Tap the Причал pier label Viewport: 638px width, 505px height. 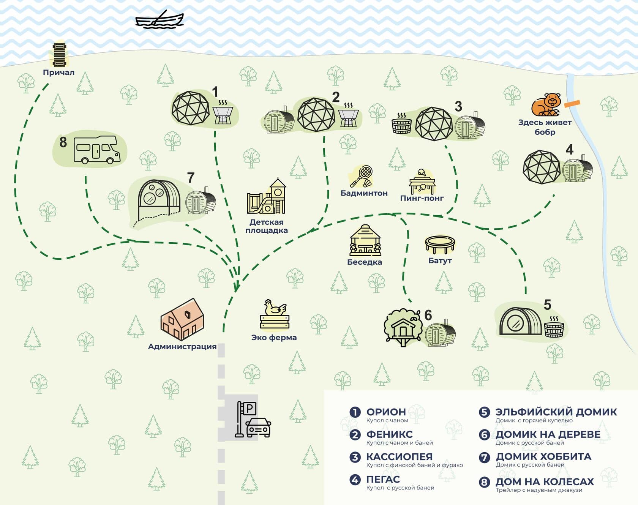tap(58, 73)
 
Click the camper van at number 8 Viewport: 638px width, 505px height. tap(97, 150)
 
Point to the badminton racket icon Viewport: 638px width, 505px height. tap(361, 176)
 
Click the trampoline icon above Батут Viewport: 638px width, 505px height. tap(440, 245)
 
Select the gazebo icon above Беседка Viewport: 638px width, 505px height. tap(365, 240)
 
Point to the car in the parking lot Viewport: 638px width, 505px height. tap(258, 427)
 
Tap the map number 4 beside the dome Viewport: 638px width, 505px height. tap(569, 150)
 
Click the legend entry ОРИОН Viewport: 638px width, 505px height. tap(386, 412)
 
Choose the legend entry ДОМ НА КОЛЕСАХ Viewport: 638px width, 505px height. tap(545, 481)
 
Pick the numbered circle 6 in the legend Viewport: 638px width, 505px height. tap(484, 434)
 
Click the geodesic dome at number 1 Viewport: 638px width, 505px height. tap(190, 108)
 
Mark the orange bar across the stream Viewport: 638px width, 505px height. tap(572, 103)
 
